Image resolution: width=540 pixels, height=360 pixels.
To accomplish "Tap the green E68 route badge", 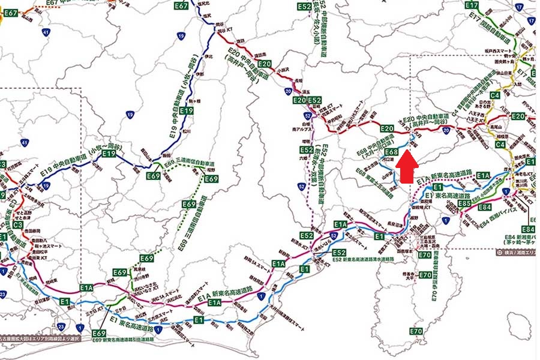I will pyautogui.click(x=392, y=152).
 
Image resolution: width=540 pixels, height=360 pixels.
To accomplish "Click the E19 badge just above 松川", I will pyautogui.click(x=187, y=112).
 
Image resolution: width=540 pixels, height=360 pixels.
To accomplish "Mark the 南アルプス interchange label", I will pyautogui.click(x=298, y=129).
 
